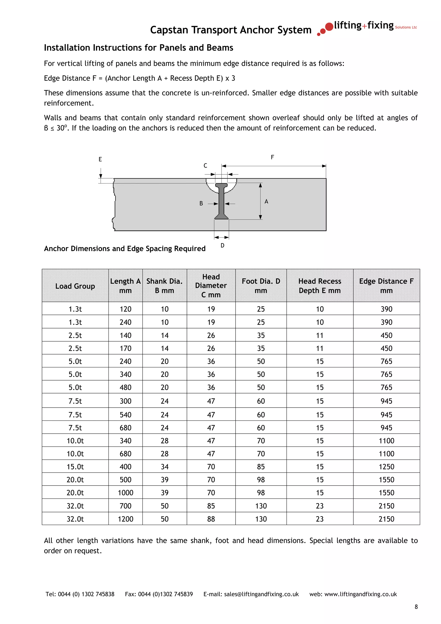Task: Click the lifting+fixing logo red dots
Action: coord(325,29)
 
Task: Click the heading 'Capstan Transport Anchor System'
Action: coord(231,30)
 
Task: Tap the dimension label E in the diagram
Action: coord(100,159)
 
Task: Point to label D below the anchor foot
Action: coord(222,245)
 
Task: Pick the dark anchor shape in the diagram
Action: coord(221,201)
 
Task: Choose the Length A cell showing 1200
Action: coord(125,519)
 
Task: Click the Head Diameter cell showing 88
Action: coord(211,519)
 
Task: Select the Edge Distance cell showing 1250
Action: coord(386,467)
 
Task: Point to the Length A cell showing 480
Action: coord(125,387)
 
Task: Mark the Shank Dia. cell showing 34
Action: coord(164,467)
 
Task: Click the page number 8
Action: coord(416,607)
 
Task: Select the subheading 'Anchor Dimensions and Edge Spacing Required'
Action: coord(125,248)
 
